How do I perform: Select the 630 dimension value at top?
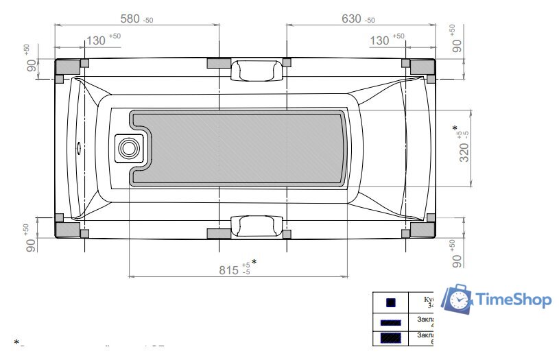[x=351, y=19]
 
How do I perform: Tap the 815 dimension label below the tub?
[x=229, y=269]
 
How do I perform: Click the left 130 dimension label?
[x=96, y=40]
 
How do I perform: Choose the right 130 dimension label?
[x=379, y=40]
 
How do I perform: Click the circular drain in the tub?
[x=128, y=147]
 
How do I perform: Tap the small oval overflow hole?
[x=79, y=147]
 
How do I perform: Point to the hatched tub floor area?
[x=247, y=147]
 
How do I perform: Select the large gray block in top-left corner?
[x=67, y=67]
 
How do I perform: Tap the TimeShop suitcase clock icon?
[x=457, y=299]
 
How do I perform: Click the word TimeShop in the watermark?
[x=513, y=300]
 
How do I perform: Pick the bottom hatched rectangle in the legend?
[x=390, y=337]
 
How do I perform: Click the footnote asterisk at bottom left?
[x=16, y=341]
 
